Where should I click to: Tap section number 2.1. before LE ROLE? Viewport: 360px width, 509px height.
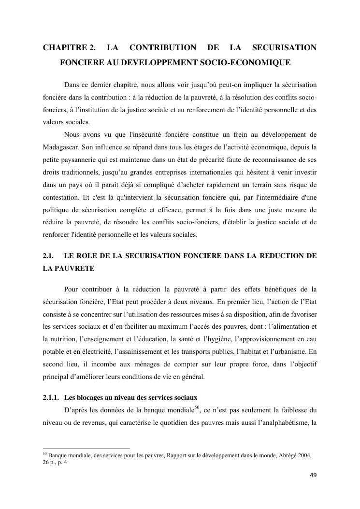pos(48,256)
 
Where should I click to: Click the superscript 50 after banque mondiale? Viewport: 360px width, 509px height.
pos(197,408)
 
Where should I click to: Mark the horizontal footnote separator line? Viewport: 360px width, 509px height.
pos(86,449)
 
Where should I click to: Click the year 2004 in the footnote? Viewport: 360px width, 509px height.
pos(304,455)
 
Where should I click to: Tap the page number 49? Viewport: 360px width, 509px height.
pos(313,475)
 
